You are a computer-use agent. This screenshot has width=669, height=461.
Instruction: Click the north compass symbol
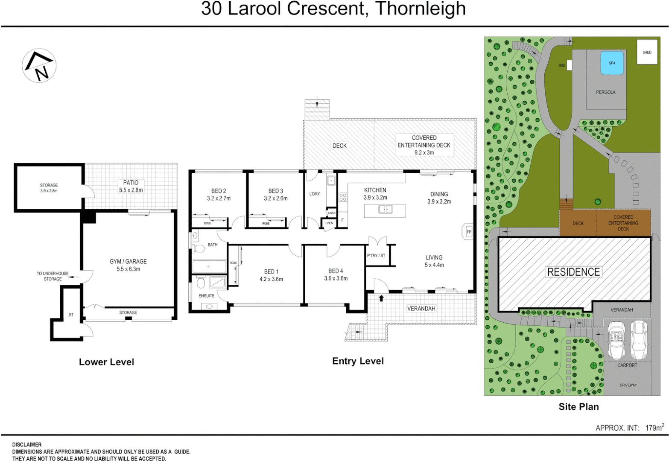coord(39,65)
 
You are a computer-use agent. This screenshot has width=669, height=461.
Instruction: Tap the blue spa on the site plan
coord(612,63)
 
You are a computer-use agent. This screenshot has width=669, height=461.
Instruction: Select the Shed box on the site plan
coord(647,52)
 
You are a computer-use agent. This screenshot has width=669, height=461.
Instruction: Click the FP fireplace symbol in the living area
coord(468,232)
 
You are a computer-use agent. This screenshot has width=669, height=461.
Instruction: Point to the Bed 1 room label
coord(271,275)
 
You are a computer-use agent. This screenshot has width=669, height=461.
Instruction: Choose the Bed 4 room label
coord(336,274)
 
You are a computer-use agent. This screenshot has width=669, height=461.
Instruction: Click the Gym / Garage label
coord(128,265)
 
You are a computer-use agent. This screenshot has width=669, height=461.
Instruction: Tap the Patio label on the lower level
coord(131,186)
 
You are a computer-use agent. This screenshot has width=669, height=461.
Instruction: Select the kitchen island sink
coord(385,210)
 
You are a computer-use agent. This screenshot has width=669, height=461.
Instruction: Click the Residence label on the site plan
coord(573,272)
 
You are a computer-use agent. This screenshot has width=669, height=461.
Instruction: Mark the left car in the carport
coord(615,340)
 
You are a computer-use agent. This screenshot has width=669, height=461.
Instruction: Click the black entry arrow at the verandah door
coord(381,298)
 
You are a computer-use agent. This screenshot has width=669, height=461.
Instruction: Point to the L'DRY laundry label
coord(315,194)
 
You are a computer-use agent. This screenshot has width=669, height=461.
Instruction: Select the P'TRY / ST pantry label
coord(376,256)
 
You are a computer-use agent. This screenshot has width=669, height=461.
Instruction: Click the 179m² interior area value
coord(654,427)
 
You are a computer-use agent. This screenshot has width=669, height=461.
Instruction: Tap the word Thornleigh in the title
coord(420,9)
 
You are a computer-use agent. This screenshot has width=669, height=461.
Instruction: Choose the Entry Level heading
coord(358,361)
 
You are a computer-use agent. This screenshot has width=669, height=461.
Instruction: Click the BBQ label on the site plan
coord(562,65)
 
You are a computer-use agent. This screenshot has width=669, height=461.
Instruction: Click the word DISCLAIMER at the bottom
coord(27,444)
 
